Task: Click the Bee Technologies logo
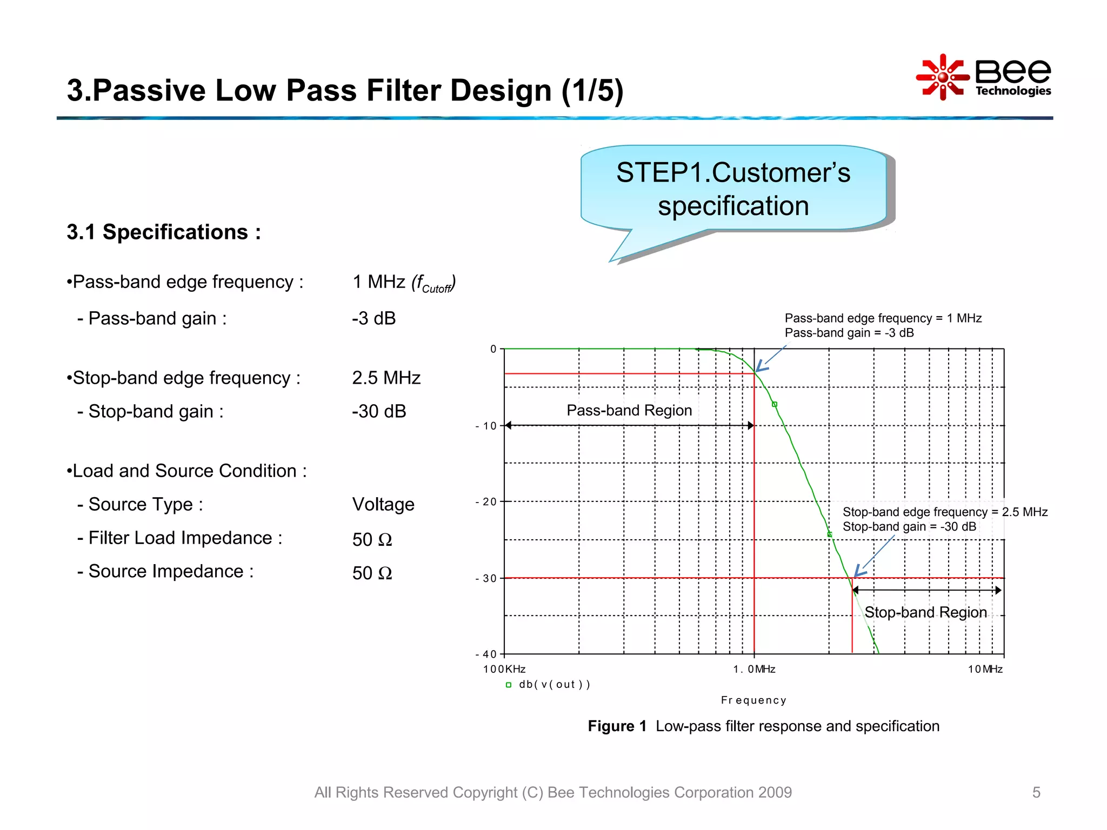[x=984, y=77]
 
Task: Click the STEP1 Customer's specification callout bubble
[x=733, y=189]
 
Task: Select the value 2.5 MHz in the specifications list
[x=386, y=378]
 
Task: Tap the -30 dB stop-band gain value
[x=378, y=411]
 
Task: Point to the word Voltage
[x=383, y=504]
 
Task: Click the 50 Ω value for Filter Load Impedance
[x=372, y=539]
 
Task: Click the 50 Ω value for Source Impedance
[x=372, y=573]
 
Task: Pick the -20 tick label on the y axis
[x=486, y=502]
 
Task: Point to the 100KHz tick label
[x=504, y=670]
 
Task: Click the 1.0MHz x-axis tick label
[x=754, y=670]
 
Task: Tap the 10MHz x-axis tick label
[x=985, y=670]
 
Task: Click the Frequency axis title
[x=753, y=700]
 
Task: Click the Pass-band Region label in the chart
[x=629, y=410]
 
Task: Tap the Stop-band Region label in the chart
[x=925, y=612]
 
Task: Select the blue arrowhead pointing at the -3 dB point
[x=759, y=367]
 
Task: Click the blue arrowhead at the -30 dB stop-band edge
[x=858, y=572]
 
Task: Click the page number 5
[x=1036, y=792]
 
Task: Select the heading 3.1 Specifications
[x=164, y=232]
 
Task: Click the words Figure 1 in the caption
[x=617, y=726]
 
